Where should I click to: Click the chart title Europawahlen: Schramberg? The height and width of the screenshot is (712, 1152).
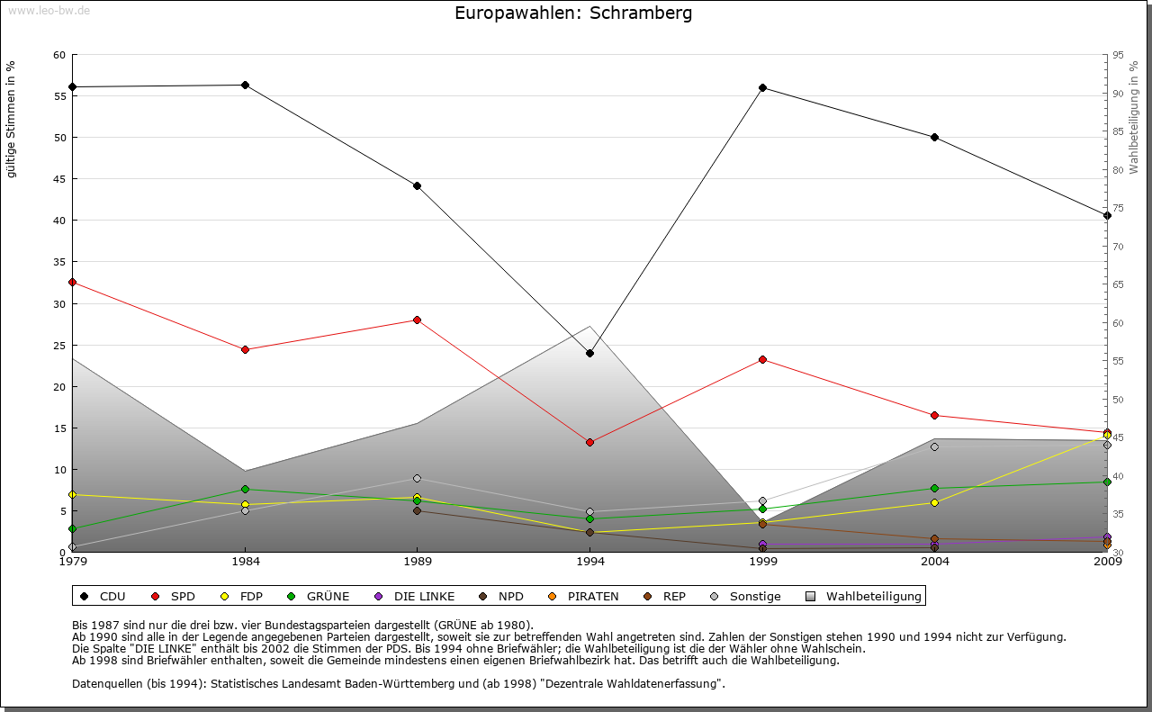[x=573, y=14]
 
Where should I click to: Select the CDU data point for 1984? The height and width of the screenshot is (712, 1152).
[x=245, y=85]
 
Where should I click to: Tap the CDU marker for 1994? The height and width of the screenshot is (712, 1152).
[x=589, y=353]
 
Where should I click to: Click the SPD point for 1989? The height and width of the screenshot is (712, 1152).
[x=417, y=320]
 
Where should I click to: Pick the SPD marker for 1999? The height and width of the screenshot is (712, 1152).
[x=762, y=359]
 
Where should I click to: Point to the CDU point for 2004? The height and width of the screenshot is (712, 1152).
[x=935, y=137]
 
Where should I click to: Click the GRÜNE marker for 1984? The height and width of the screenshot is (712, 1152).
[x=245, y=489]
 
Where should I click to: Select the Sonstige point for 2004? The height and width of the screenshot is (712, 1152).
[x=935, y=446]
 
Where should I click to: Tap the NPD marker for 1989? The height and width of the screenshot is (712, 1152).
[x=417, y=510]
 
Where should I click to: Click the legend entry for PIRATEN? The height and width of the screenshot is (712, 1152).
[x=585, y=596]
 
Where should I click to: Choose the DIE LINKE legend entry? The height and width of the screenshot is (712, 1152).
[x=415, y=596]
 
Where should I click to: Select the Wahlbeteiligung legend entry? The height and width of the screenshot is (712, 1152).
[x=864, y=596]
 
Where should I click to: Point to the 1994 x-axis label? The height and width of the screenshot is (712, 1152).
[x=589, y=563]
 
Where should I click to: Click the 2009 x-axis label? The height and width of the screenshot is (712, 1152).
[x=1107, y=563]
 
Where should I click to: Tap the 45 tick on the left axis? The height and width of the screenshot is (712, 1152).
[x=59, y=179]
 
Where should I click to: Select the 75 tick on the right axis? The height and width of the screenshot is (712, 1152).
[x=1118, y=208]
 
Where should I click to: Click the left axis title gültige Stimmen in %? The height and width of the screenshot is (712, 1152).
[x=12, y=119]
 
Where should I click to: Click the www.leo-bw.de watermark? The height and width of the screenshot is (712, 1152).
[x=48, y=10]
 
